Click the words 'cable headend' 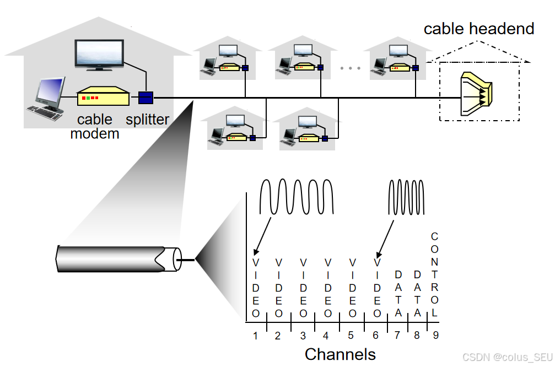click(478, 29)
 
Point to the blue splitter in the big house click(146, 98)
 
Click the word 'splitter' click(147, 120)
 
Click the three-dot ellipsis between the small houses click(350, 68)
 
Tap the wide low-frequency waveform click(297, 197)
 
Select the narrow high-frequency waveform click(407, 197)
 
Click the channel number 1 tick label click(256, 335)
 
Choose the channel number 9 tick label click(435, 335)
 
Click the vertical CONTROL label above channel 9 click(435, 274)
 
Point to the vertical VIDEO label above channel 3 click(303, 288)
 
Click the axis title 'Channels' click(340, 354)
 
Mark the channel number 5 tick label click(351, 335)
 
